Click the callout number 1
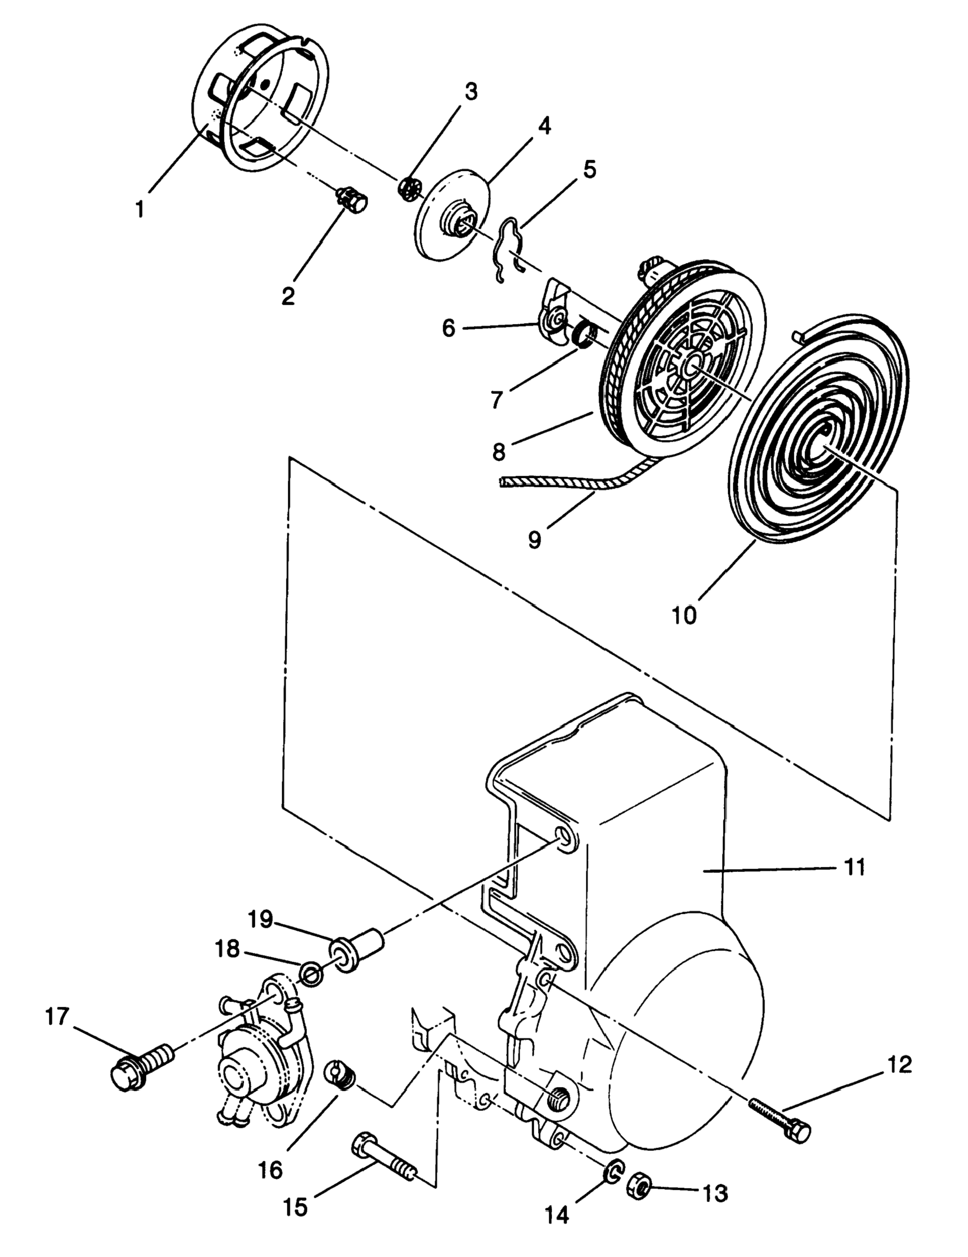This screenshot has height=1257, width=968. [x=140, y=209]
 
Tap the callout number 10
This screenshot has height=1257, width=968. [x=685, y=615]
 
